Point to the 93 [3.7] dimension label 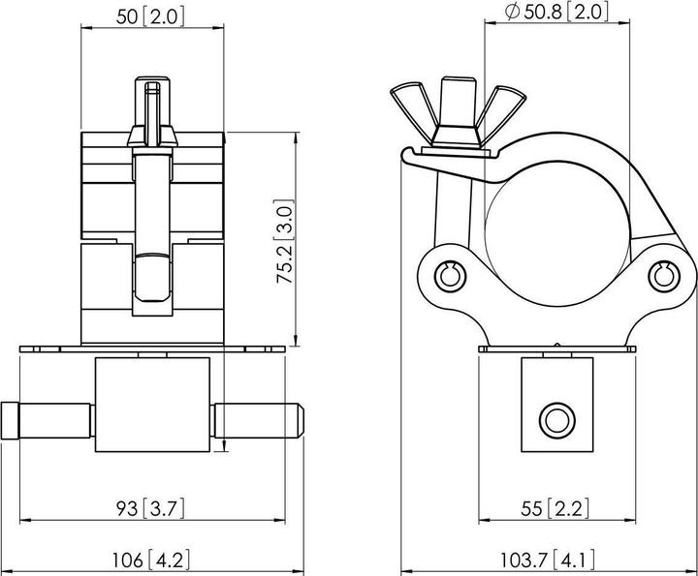tap(153, 507)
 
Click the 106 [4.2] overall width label tap(153, 559)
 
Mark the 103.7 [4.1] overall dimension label tap(548, 559)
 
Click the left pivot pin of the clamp tap(448, 274)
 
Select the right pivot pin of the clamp tap(663, 275)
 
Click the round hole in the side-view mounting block tap(555, 419)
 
